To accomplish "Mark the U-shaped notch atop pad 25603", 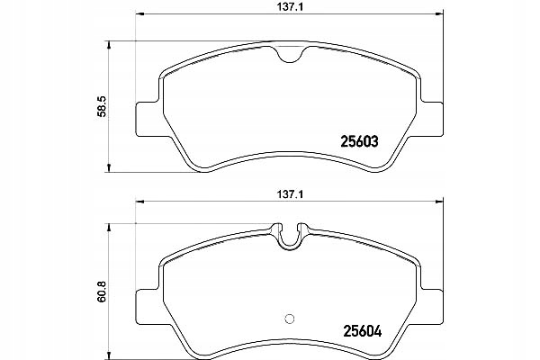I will (289, 54).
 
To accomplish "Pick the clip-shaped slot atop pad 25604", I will (289, 236).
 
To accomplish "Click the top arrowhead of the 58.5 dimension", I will (108, 43).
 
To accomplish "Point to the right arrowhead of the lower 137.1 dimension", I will (441, 202).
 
